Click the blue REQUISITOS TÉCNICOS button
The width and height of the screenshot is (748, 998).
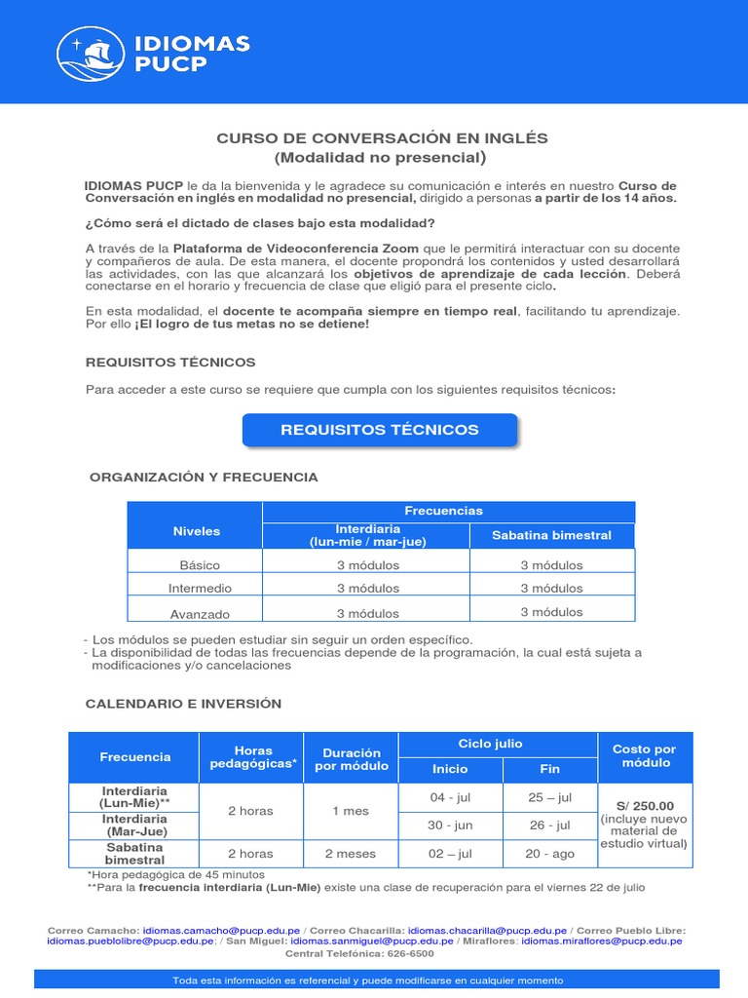380,430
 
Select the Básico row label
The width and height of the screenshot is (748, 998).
200,565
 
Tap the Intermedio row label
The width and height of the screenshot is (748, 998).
200,589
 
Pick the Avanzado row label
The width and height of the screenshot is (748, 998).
200,614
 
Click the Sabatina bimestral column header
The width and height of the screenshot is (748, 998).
551,535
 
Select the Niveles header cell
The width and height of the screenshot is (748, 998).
197,531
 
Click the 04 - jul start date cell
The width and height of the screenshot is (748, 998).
450,797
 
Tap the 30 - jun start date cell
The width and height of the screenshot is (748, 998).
450,825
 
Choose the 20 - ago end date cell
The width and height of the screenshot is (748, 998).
549,854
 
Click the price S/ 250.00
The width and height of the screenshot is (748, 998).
644,806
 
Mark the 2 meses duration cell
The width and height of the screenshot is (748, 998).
350,854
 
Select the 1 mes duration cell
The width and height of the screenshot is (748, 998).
350,811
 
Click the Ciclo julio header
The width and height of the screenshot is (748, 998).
497,744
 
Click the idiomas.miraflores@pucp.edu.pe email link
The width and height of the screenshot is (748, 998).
601,941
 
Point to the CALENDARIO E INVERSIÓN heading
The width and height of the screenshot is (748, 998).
183,704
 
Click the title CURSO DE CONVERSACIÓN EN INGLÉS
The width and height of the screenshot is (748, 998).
382,137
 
